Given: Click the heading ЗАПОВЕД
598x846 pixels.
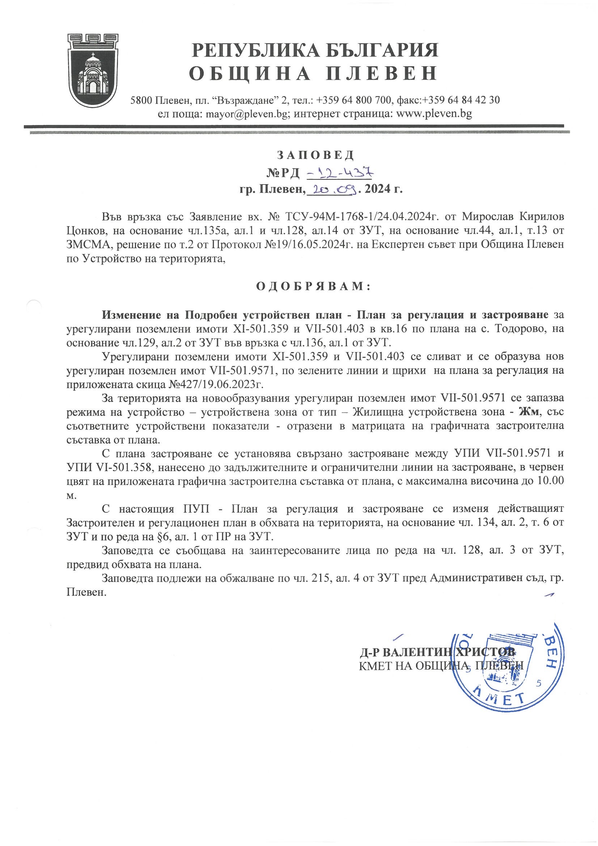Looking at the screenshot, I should point(315,155).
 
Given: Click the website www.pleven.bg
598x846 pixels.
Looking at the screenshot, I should point(434,114).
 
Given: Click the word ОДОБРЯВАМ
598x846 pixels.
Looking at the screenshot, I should point(313,287).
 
